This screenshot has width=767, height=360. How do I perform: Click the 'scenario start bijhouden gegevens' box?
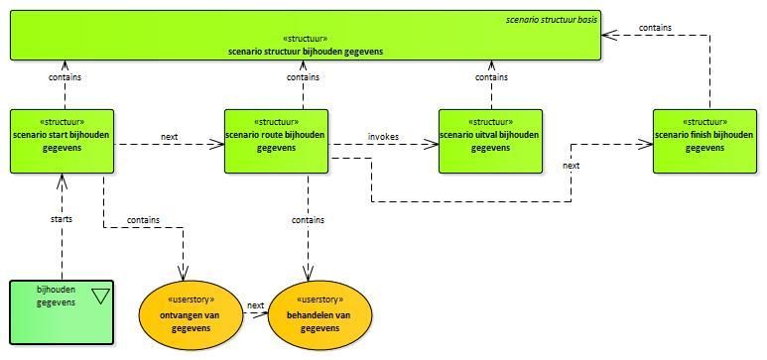tap(63, 141)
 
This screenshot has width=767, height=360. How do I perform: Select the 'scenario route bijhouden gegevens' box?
tap(277, 141)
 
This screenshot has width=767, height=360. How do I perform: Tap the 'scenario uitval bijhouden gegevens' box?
tap(490, 141)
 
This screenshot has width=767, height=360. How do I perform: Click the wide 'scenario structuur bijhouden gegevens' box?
tap(306, 36)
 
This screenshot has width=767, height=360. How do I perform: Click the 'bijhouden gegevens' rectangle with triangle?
tap(62, 312)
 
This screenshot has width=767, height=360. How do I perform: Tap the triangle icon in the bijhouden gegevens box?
tap(100, 296)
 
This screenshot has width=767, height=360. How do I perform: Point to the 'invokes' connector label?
tap(383, 137)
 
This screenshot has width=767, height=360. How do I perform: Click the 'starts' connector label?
tap(62, 219)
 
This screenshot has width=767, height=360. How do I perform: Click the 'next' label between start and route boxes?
tap(170, 137)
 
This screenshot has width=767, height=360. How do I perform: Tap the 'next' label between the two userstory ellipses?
tap(256, 305)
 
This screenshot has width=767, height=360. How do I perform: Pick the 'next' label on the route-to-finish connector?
tap(572, 166)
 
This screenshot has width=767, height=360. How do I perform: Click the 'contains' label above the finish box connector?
tap(655, 28)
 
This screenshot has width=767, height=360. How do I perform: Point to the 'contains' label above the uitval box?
tap(491, 77)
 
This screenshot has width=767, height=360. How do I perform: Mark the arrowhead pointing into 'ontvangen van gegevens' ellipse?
tap(184, 272)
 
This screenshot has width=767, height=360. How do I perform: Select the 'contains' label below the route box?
tap(309, 220)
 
